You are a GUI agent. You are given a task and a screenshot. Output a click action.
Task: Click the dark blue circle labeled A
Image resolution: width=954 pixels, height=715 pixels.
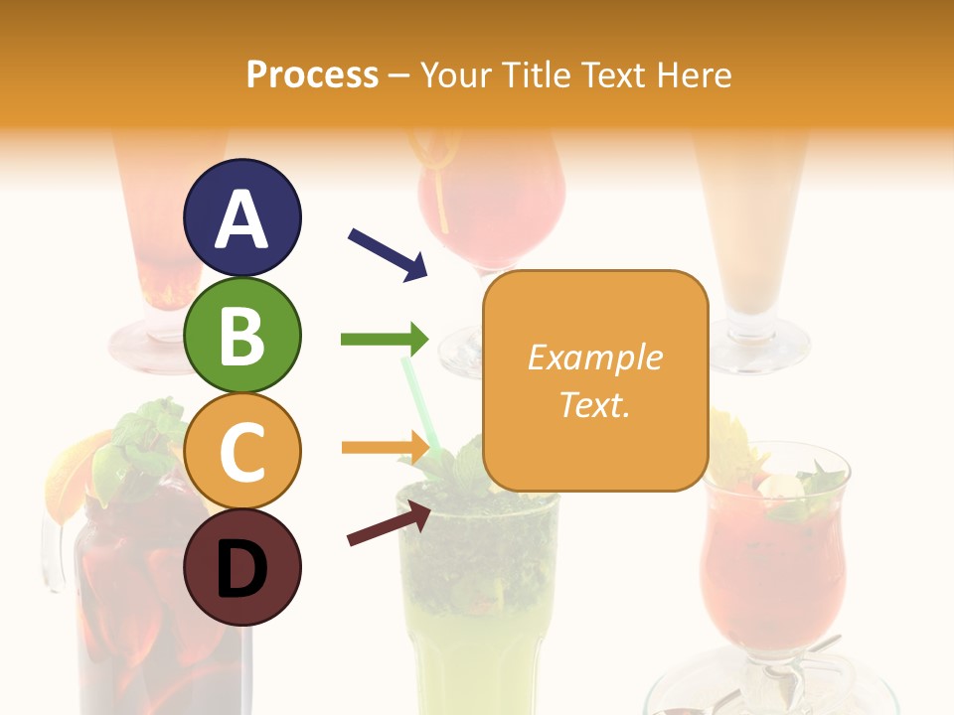241,217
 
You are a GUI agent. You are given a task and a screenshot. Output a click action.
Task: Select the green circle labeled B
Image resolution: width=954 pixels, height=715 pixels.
241,335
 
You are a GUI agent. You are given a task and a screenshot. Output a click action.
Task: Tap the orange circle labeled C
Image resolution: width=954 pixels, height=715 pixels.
241,451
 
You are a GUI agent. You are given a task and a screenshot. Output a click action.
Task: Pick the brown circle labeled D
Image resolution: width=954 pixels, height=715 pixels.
241,567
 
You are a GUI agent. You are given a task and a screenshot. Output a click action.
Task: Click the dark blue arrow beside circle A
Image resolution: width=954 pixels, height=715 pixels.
388,254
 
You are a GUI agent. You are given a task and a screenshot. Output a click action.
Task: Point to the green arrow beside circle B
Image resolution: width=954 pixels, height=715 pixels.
384,340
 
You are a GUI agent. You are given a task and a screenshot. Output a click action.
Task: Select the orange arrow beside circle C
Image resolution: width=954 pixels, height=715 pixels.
384,447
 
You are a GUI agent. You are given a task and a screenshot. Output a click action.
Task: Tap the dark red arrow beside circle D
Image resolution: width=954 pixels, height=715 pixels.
389,525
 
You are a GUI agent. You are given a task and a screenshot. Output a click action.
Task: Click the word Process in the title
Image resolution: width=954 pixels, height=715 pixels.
312,74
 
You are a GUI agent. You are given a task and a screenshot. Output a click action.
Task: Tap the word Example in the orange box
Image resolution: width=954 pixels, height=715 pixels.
594,357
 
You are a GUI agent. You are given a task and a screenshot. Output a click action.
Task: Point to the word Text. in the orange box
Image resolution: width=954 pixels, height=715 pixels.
594,404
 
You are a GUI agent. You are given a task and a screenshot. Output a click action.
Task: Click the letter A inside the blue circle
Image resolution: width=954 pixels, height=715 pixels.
241,219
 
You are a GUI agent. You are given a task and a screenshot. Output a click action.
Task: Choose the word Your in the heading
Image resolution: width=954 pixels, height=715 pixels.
457,74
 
